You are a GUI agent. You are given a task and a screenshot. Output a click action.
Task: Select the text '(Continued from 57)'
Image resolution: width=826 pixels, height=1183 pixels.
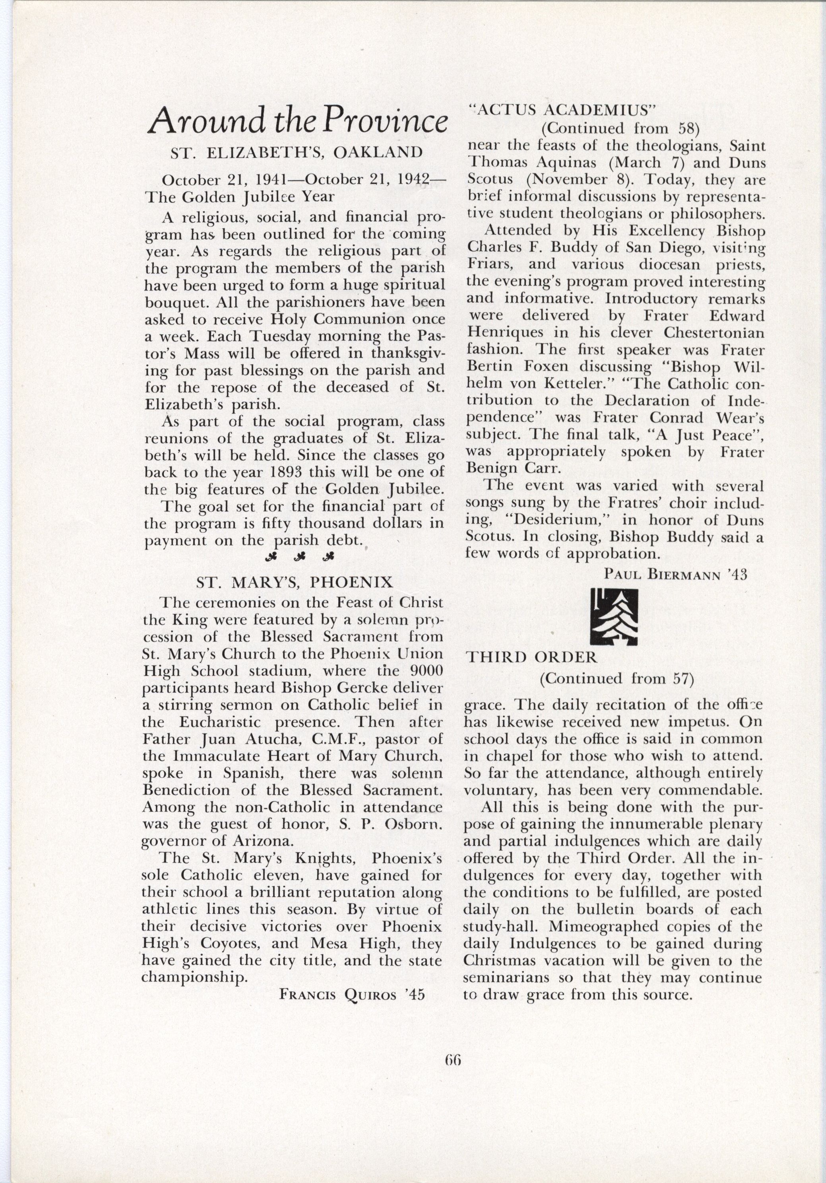(616, 678)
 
